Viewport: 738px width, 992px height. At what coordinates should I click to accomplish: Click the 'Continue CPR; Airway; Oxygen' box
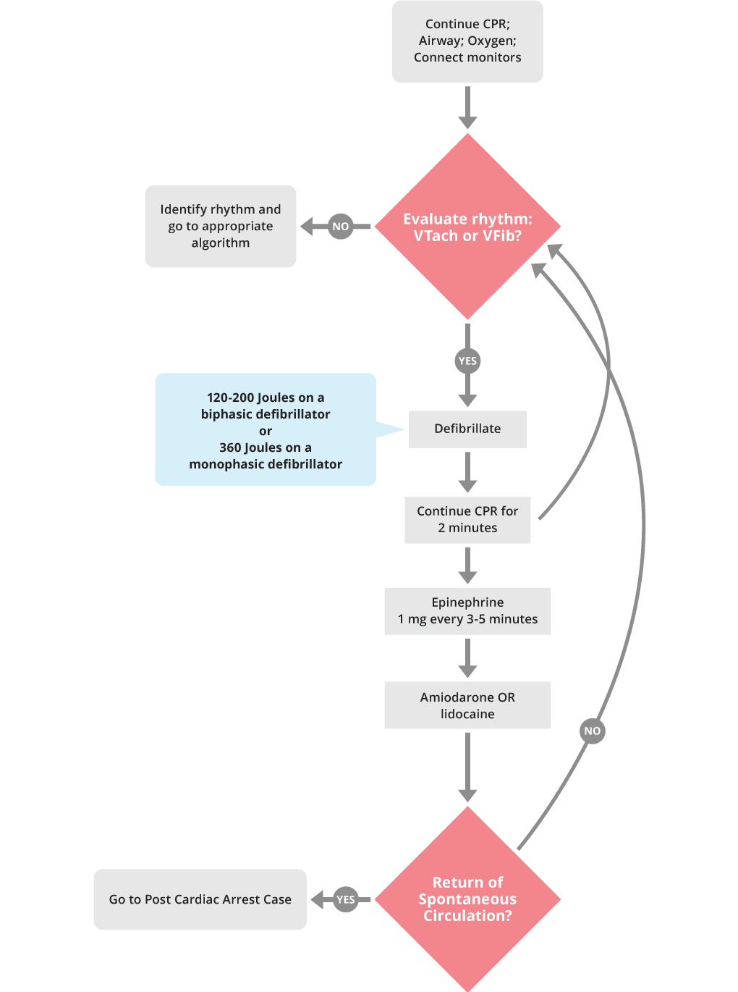point(467,41)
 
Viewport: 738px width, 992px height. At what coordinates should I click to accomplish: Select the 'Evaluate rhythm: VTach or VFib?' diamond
point(467,227)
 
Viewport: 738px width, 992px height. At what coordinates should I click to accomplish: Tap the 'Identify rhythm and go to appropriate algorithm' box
point(221,226)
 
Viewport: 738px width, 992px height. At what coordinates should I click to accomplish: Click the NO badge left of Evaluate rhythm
point(340,226)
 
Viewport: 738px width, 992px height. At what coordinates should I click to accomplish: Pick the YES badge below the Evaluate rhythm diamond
point(467,361)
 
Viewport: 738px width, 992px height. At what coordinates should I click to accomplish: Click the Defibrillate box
point(467,429)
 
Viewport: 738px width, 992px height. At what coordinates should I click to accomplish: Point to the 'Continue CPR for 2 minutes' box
point(467,519)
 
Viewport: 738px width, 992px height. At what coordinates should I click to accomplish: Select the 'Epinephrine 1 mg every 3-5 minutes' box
point(467,610)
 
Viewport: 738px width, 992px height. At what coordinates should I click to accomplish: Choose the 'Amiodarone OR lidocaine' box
point(467,705)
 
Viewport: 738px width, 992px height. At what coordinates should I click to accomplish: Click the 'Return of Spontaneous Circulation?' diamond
point(467,899)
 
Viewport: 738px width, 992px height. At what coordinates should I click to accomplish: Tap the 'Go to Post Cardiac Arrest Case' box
point(200,899)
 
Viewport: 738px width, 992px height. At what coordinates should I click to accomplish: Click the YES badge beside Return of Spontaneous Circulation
point(346,899)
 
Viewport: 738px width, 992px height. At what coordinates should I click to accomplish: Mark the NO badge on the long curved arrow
point(592,731)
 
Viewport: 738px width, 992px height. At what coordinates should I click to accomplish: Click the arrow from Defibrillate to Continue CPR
point(467,472)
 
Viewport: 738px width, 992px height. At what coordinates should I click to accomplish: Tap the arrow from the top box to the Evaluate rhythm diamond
point(467,107)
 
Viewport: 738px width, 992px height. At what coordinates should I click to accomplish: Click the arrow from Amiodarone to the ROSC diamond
point(467,766)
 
